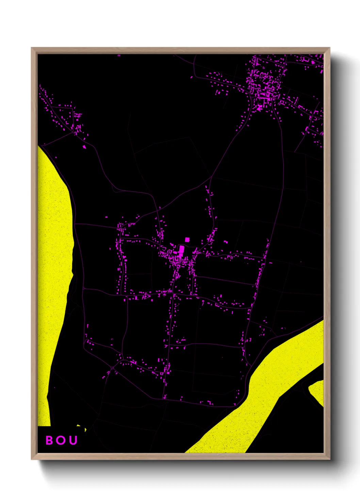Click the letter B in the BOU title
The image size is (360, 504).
pos(50,440)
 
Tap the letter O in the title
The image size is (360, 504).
pos(61,440)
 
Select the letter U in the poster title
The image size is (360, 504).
pos(73,440)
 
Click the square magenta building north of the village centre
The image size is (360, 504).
pos(187,240)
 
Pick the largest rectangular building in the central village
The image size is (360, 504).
pos(181,250)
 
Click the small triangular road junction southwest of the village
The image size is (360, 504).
pos(112,368)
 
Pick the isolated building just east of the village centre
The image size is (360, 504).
pos(225,242)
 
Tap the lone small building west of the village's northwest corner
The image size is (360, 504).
pos(107,217)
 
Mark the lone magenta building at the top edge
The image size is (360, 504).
pos(119,55)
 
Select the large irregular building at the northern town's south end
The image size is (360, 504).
pos(260,108)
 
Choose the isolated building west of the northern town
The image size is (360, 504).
pos(192,77)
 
